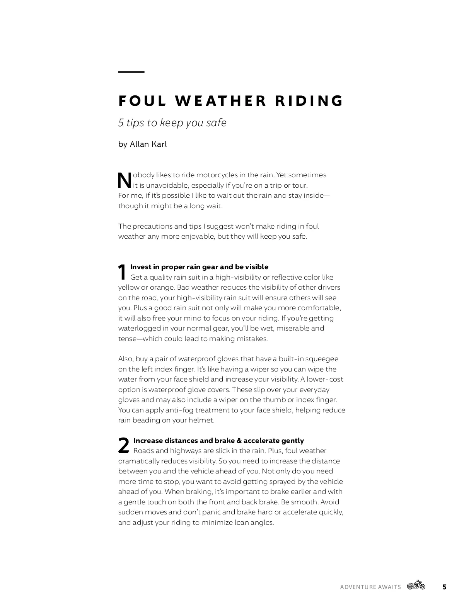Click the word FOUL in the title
142,101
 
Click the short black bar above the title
131,72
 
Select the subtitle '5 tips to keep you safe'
172,123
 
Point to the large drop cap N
125,180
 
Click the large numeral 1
122,272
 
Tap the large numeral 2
123,446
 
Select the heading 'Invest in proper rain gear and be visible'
199,267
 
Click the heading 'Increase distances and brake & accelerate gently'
218,441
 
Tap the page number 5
444,587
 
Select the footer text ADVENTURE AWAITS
370,587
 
